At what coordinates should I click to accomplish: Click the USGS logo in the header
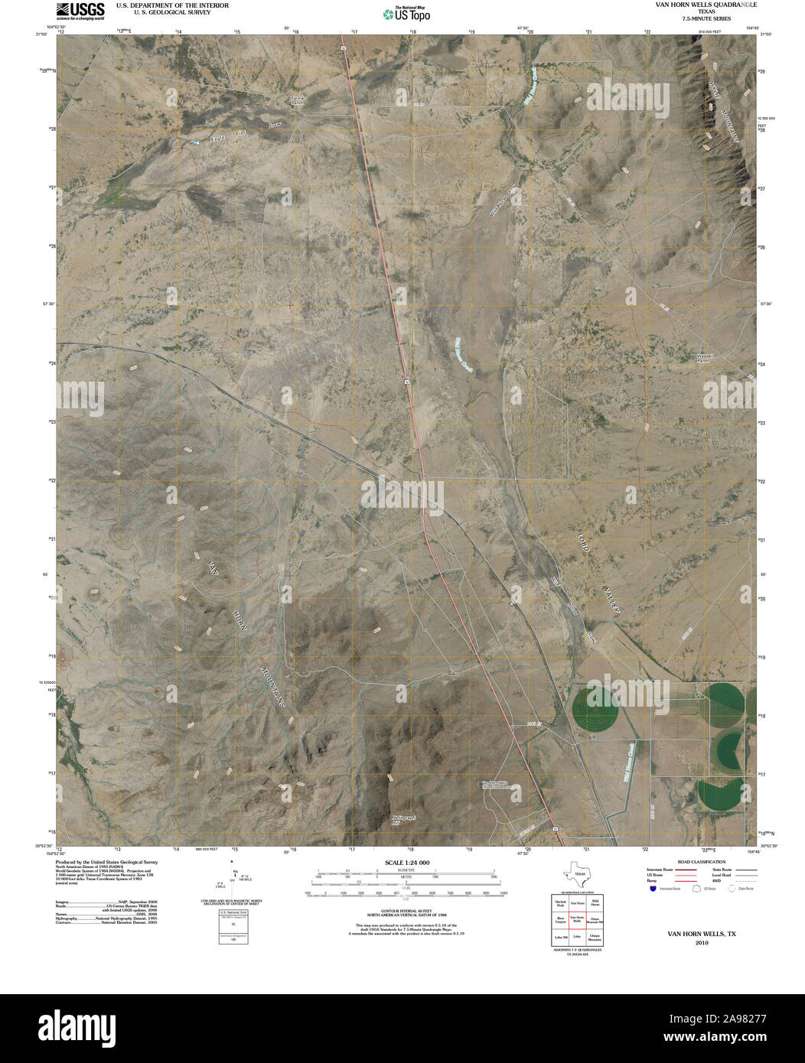pos(81,11)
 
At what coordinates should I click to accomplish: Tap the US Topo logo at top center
pos(406,13)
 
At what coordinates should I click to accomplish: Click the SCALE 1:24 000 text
pos(402,863)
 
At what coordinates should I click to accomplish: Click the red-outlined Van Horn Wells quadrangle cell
pos(577,920)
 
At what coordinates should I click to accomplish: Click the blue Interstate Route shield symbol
pos(652,889)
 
